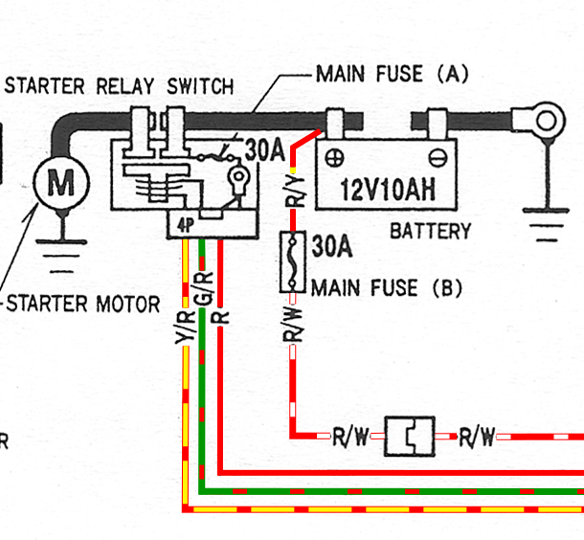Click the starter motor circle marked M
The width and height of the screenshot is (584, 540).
[x=61, y=183]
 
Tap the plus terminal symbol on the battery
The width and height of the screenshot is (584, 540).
[x=334, y=158]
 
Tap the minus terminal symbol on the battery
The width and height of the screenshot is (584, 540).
[x=438, y=158]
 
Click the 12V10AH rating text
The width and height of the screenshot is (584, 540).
[x=388, y=190]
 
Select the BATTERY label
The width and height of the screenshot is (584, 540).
[x=431, y=232]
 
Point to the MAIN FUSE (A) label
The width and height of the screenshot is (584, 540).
[x=393, y=74]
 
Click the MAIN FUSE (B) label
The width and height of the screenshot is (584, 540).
[x=387, y=288]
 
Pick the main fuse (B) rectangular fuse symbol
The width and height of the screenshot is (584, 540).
[x=293, y=261]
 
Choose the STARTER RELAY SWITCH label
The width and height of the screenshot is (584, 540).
[x=119, y=86]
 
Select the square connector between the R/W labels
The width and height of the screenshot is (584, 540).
[x=410, y=436]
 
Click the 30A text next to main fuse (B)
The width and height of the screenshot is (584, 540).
[x=332, y=246]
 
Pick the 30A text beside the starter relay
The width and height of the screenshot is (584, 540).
[x=265, y=150]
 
